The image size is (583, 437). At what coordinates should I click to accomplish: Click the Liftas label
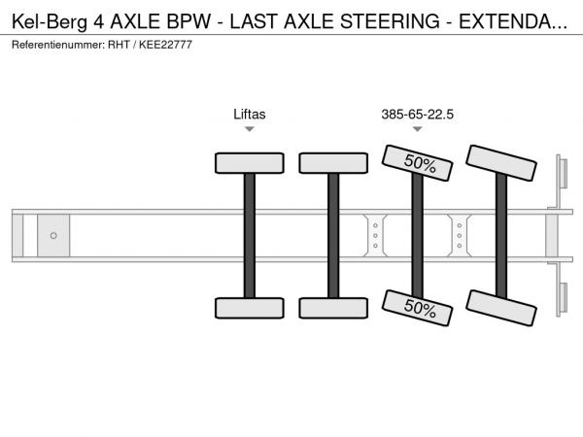pos(250,114)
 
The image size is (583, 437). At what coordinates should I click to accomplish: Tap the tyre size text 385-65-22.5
pos(417,114)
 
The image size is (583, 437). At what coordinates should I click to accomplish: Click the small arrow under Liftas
pos(250,129)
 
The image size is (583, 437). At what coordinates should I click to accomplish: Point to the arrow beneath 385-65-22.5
pos(418,129)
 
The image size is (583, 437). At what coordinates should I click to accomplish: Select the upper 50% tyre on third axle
pos(417,163)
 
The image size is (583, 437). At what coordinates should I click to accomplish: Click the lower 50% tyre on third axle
pos(417,308)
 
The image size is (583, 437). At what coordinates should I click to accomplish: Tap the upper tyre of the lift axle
pos(250,163)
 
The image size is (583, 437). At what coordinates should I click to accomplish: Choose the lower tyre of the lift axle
pos(250,308)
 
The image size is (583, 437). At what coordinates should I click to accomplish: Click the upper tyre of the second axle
pos(333,163)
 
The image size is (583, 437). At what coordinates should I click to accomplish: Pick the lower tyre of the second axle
pos(333,308)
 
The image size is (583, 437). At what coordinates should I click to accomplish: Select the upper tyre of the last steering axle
pos(501,163)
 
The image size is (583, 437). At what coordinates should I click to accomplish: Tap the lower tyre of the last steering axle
pos(501,308)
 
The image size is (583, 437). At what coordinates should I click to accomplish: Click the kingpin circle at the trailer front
pos(53,236)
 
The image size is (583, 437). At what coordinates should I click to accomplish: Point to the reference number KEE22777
pos(165,45)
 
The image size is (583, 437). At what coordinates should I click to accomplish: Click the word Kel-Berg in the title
pos(50,21)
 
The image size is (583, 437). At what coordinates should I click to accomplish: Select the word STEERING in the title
pos(390,21)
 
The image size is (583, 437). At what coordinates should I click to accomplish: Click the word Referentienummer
pos(58,45)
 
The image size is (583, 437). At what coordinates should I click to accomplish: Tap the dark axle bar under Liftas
pos(250,236)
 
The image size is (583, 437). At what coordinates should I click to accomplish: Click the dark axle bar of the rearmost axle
pos(501,236)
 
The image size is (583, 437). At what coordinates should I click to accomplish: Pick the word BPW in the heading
pos(189,21)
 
